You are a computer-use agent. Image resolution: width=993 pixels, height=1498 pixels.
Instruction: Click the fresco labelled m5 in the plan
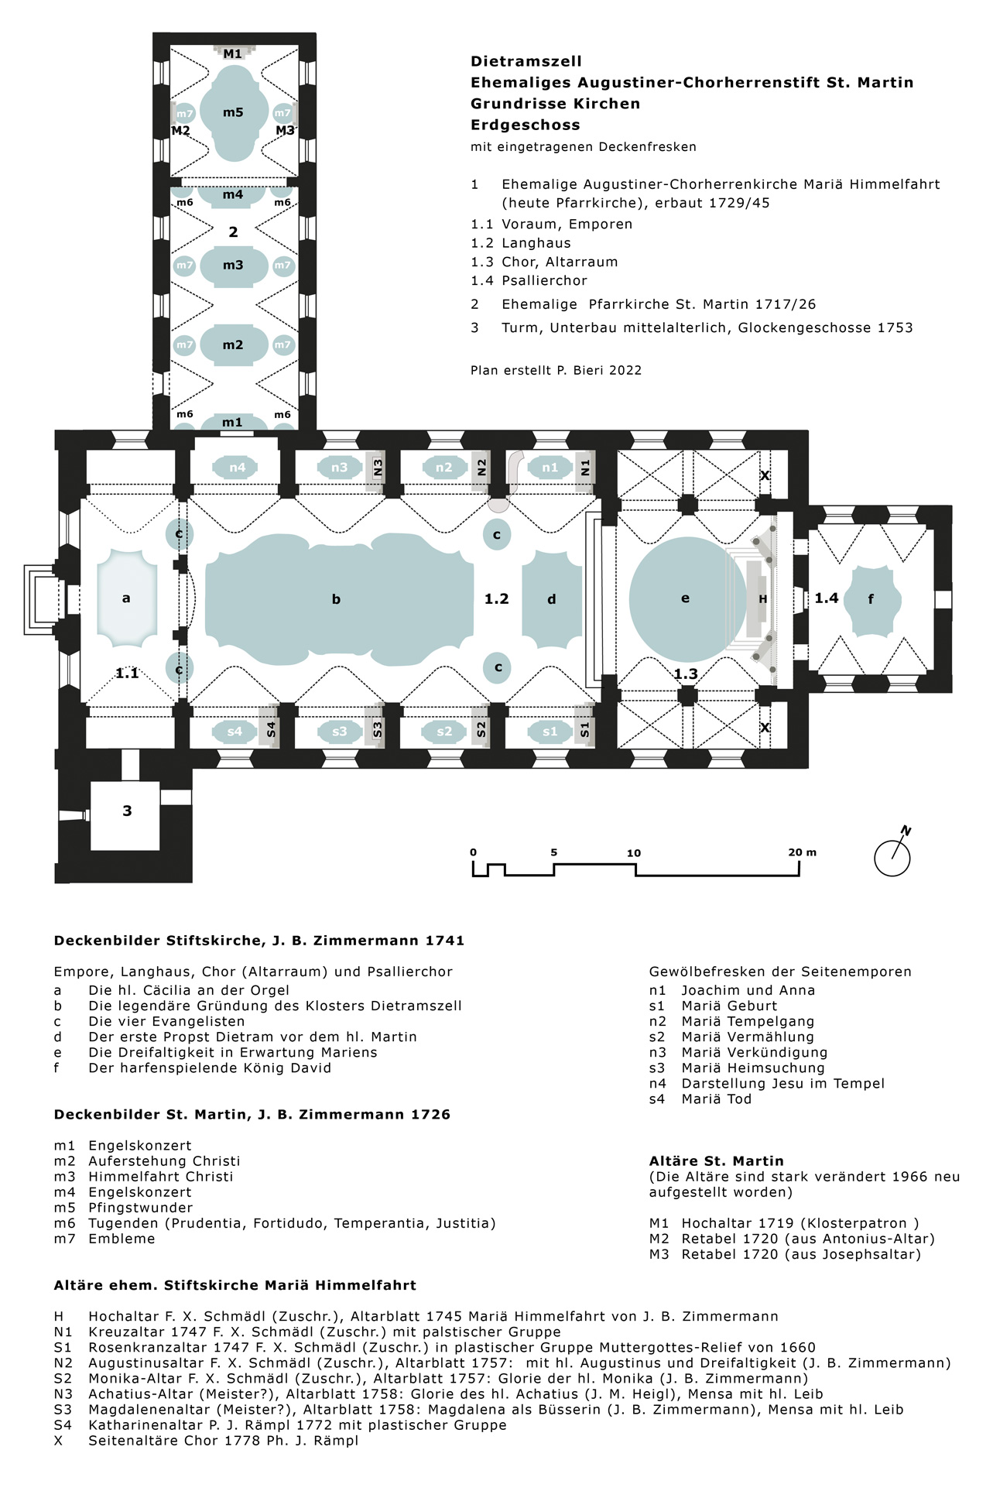point(233,113)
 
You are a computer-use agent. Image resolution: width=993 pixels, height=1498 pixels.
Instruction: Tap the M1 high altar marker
point(232,53)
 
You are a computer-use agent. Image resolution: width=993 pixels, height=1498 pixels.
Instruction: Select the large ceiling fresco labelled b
point(337,598)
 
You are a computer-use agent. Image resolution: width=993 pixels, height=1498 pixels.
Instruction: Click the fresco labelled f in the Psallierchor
point(871,598)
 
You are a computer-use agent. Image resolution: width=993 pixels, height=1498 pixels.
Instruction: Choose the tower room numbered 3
point(127,811)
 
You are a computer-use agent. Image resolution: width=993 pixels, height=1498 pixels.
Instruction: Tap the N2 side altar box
point(481,468)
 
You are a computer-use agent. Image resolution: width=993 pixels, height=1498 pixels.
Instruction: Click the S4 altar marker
point(270,730)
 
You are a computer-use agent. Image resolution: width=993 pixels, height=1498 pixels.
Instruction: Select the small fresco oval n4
point(237,468)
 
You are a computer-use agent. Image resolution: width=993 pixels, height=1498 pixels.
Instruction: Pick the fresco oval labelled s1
point(550,732)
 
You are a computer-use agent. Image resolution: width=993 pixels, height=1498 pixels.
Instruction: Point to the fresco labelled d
point(552,598)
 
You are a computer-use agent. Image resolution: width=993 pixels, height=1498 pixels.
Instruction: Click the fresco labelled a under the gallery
point(126,598)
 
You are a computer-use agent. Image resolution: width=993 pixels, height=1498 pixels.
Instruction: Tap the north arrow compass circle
point(892,858)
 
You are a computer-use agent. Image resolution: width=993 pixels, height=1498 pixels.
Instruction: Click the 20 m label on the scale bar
point(802,852)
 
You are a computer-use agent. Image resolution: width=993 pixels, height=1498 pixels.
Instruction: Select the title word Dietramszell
point(526,61)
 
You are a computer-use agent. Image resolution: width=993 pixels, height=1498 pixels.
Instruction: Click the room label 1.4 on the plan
point(826,598)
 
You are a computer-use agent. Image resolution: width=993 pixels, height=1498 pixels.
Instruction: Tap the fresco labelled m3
point(233,266)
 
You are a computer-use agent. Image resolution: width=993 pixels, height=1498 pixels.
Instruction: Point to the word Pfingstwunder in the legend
point(140,1208)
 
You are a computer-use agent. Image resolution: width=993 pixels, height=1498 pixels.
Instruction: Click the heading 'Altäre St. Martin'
point(716,1160)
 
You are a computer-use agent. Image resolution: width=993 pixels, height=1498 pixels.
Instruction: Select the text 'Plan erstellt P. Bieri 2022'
point(556,370)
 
